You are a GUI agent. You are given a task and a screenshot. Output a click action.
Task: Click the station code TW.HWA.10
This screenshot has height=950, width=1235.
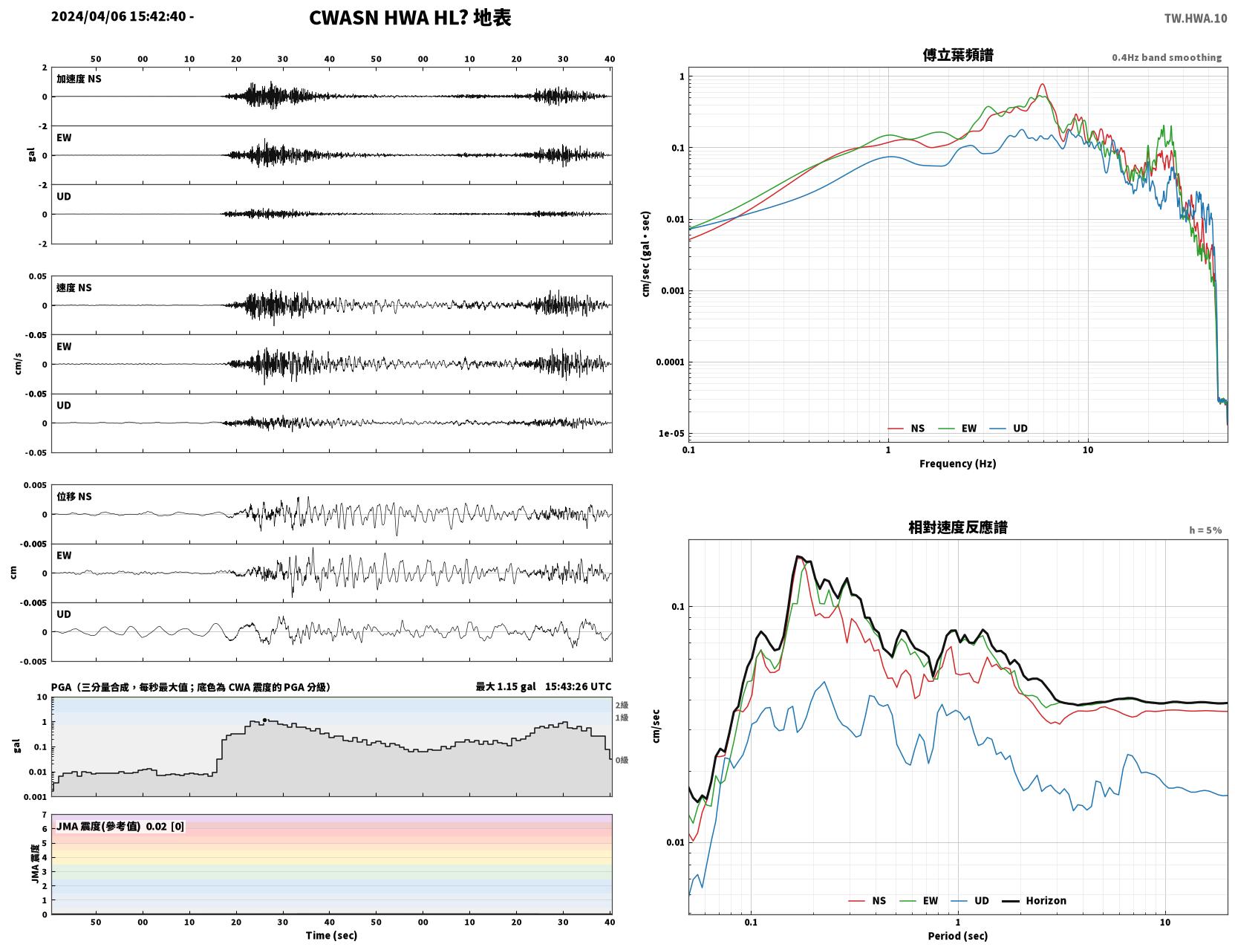click(x=1195, y=18)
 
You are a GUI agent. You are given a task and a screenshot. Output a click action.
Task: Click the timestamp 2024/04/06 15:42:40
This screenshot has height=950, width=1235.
click(x=119, y=16)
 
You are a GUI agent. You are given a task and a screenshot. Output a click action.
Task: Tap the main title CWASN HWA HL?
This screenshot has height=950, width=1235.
click(x=388, y=18)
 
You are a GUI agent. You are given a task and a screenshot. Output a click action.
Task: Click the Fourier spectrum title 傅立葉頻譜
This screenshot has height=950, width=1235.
click(x=958, y=55)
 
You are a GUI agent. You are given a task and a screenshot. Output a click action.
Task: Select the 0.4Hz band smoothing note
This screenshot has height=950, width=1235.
click(x=1166, y=57)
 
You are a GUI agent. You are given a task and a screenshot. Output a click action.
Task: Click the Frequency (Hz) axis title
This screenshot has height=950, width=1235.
click(x=958, y=463)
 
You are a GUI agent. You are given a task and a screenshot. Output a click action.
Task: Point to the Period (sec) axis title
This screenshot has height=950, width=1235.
click(x=958, y=936)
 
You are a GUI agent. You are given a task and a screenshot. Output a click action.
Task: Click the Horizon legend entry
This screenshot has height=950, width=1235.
click(x=1034, y=900)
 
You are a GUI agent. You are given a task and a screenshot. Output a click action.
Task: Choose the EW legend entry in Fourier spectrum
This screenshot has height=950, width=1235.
click(x=958, y=429)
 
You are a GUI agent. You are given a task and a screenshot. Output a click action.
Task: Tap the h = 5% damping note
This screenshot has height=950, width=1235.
click(x=1205, y=530)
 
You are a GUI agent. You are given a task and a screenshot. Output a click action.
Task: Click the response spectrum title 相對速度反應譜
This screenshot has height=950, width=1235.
click(x=958, y=527)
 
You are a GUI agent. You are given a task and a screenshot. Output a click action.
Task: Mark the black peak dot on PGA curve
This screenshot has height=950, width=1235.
click(x=264, y=720)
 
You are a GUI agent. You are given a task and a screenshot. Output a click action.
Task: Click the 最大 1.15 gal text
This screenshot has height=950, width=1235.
click(x=505, y=686)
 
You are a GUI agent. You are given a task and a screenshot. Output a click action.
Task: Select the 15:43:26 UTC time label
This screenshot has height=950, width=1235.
click(x=578, y=686)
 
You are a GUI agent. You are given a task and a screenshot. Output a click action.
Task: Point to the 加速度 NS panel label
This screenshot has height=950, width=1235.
click(x=79, y=79)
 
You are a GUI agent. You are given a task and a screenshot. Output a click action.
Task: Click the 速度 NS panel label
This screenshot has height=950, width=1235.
click(x=74, y=287)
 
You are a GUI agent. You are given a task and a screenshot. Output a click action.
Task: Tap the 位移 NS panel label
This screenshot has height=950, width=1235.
click(x=74, y=497)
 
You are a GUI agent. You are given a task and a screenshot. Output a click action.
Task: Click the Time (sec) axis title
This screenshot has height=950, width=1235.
click(x=331, y=935)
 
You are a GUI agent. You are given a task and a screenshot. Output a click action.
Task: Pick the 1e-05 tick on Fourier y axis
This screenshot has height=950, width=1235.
click(x=671, y=434)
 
